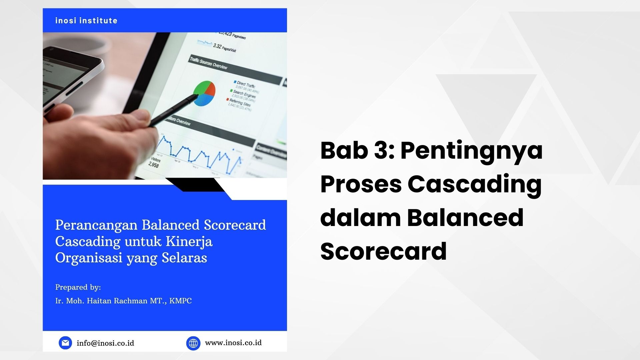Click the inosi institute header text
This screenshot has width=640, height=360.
86,21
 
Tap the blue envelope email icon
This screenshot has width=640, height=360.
65,343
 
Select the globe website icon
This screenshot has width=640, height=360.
193,343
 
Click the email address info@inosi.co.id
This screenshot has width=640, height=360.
105,343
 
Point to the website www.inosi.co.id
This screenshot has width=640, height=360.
233,343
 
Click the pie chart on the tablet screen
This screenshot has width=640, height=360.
204,93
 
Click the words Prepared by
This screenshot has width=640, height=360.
78,287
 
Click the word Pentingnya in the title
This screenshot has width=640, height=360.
471,151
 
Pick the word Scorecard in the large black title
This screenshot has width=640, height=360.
383,251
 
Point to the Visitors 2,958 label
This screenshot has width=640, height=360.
155,162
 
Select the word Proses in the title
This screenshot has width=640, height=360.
361,184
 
